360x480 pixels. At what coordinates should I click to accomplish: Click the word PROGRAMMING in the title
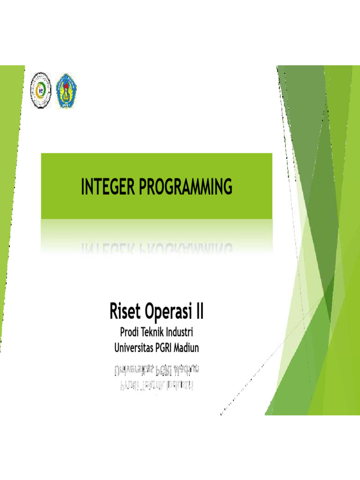[x=185, y=187]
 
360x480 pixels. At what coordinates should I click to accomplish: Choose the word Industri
[x=180, y=333]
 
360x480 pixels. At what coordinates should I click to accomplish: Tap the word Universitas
[x=135, y=348]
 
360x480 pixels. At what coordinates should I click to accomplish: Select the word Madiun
[x=192, y=348]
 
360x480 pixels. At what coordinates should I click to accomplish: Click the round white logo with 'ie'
[x=41, y=90]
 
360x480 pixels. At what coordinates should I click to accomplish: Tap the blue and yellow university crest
[x=67, y=90]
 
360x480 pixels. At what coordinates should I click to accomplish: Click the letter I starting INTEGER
[x=82, y=187]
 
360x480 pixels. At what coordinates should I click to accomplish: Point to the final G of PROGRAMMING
[x=227, y=187]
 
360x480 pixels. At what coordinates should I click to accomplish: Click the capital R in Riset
[x=113, y=311]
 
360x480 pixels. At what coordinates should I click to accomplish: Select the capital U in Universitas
[x=117, y=348]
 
